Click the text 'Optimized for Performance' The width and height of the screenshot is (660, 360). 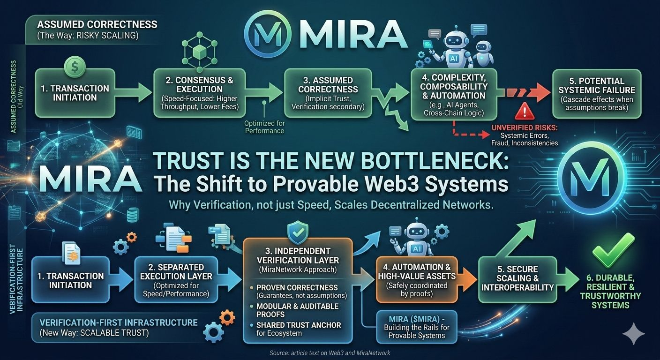tap(264, 127)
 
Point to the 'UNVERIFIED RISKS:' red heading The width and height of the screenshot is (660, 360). tap(525, 127)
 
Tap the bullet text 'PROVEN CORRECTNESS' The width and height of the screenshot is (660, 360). tap(297, 287)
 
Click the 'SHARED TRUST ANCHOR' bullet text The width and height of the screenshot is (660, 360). tap(298, 325)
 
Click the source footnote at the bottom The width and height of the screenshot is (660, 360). tap(330, 352)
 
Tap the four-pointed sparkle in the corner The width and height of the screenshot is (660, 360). tap(633, 333)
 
